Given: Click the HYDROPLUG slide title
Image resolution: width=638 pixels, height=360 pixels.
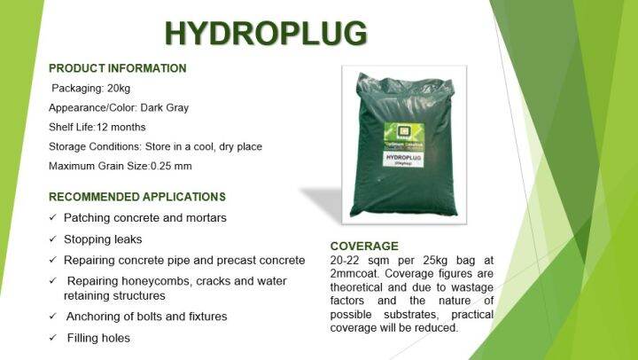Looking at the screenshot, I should (265, 33).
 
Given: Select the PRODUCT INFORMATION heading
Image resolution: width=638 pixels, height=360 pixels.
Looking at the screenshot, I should (117, 68).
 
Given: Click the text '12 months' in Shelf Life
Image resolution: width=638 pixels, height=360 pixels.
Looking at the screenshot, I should (131, 127).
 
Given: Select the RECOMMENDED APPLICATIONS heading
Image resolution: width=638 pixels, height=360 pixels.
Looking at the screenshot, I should (136, 197).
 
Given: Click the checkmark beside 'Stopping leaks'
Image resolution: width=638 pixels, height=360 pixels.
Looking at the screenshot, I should (54, 239).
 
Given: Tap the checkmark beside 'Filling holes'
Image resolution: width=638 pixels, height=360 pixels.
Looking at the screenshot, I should (54, 338).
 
